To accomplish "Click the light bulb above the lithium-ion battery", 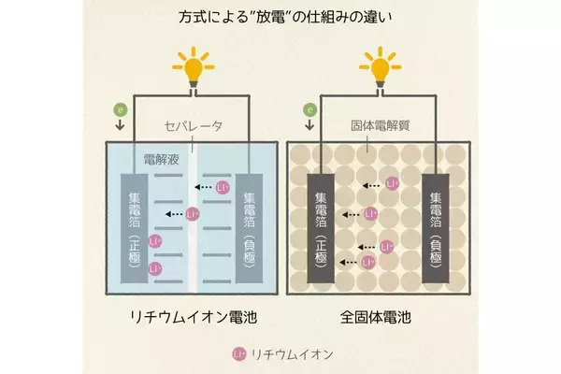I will coord(194,65).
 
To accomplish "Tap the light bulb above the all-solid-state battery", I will coord(378,65).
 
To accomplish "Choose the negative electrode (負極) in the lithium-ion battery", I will coord(249,229).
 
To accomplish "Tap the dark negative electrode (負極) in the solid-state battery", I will coord(436,229).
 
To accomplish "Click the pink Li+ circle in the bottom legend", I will coord(237,354).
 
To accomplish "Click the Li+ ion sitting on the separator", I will coord(192,214).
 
